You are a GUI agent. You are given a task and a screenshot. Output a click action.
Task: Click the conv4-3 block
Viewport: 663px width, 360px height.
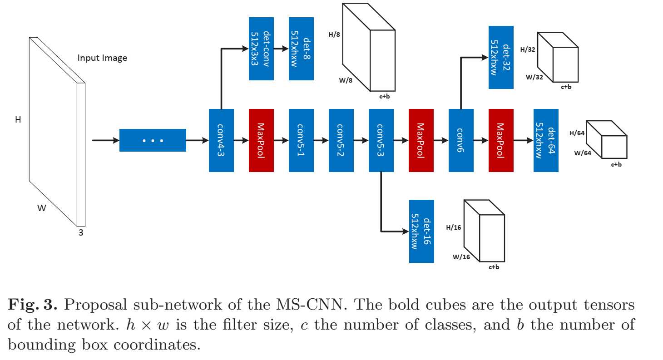[221, 140]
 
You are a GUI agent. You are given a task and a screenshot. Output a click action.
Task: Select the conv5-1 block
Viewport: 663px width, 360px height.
[301, 140]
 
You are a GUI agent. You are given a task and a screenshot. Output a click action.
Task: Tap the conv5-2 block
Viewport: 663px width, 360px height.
[341, 140]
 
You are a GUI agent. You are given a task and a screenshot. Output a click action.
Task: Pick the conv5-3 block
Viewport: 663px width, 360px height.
[381, 140]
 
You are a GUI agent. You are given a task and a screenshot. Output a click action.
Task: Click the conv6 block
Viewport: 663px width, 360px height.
[461, 140]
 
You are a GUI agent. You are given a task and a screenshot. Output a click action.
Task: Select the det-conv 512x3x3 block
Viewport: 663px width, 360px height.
[261, 49]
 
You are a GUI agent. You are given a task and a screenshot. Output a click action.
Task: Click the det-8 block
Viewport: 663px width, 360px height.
[301, 49]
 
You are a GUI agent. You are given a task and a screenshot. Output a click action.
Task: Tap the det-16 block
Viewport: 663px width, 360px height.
[421, 231]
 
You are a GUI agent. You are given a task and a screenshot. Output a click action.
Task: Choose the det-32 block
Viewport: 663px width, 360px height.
[501, 57]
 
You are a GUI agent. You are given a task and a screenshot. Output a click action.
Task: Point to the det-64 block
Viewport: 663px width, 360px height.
[546, 140]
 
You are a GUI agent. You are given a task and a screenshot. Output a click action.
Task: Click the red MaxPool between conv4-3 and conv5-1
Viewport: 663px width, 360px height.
[261, 140]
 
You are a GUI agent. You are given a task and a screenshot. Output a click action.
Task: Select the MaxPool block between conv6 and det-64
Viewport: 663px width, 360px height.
[501, 140]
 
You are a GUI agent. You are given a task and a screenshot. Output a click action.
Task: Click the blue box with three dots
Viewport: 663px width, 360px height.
[153, 140]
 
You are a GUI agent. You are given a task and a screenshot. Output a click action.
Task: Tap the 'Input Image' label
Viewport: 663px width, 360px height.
[102, 58]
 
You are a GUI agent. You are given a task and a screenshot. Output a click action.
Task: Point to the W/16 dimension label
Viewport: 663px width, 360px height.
[461, 257]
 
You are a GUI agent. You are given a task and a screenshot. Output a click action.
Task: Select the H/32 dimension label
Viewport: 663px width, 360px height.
[528, 49]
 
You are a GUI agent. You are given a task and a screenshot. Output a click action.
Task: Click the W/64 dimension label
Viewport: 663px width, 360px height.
[583, 153]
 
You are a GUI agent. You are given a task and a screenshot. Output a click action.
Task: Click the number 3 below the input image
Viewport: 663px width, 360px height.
[81, 232]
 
